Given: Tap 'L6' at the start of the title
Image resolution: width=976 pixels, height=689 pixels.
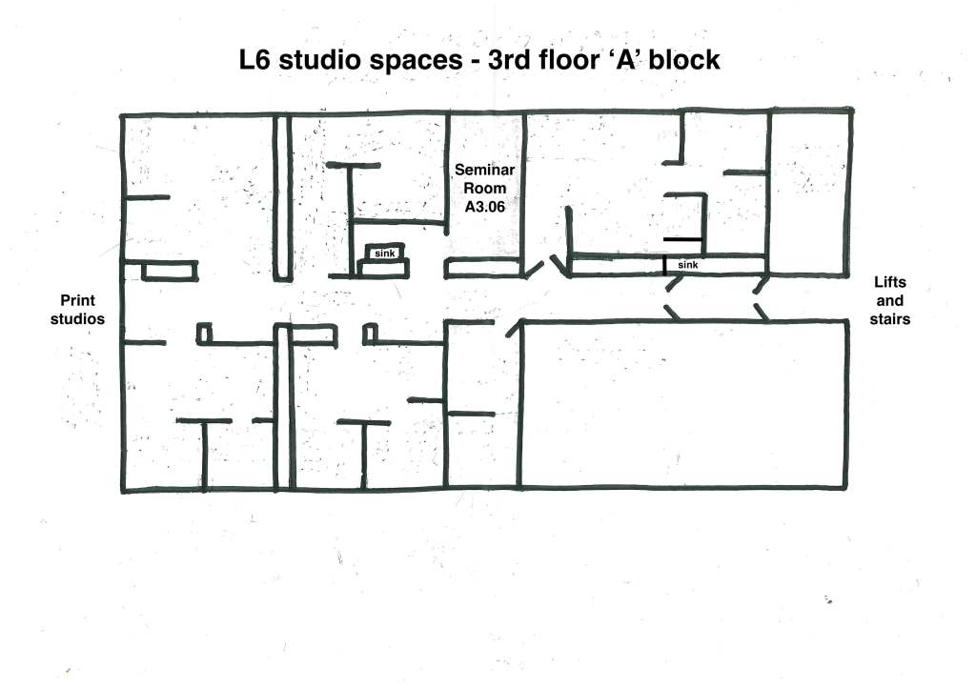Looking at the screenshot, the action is (254, 60).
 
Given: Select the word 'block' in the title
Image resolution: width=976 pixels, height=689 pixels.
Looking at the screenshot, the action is (684, 60).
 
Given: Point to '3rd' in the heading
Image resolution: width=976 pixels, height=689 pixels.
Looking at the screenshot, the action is (510, 60).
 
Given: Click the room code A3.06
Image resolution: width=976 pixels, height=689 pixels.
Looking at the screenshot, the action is (485, 207).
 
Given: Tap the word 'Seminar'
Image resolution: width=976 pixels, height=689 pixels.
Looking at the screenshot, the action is (485, 170).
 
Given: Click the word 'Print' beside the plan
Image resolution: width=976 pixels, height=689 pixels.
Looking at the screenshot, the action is (78, 300).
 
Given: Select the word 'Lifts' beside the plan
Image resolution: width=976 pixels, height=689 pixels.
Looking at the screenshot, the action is (890, 282).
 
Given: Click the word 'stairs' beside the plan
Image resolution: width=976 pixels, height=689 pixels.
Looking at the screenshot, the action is (890, 319).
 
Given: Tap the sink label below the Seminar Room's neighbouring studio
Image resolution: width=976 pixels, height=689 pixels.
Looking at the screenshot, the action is (385, 253).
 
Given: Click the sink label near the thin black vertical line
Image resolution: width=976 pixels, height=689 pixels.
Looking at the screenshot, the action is (688, 265).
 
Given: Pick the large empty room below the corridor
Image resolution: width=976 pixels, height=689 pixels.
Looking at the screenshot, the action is (684, 404).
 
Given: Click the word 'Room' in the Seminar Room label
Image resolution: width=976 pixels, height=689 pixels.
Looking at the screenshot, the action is (485, 189).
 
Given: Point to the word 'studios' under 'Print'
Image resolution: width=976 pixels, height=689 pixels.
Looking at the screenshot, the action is (78, 319).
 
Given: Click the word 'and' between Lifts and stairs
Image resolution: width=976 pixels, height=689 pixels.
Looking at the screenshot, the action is (890, 300).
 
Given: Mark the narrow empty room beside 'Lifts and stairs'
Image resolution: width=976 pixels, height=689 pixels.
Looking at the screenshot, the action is (810, 193).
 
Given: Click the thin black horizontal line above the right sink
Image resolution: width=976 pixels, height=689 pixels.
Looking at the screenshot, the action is (682, 239).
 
